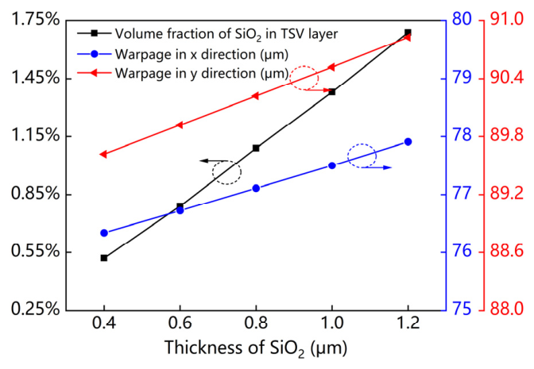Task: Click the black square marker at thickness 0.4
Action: click(104, 258)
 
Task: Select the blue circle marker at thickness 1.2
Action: click(408, 142)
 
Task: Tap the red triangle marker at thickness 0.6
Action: click(180, 125)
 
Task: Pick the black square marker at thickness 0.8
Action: click(256, 148)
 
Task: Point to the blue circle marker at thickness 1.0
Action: click(332, 166)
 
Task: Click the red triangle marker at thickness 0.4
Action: click(103, 155)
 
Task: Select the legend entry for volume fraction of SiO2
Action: click(207, 33)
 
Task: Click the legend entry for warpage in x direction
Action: click(183, 54)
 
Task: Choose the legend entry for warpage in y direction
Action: click(183, 73)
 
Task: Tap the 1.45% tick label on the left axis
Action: click(36, 79)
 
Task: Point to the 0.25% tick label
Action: click(36, 309)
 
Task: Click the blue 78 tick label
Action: click(462, 136)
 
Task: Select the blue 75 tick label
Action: click(462, 309)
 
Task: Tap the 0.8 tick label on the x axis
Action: click(256, 323)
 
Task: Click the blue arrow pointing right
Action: click(377, 167)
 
